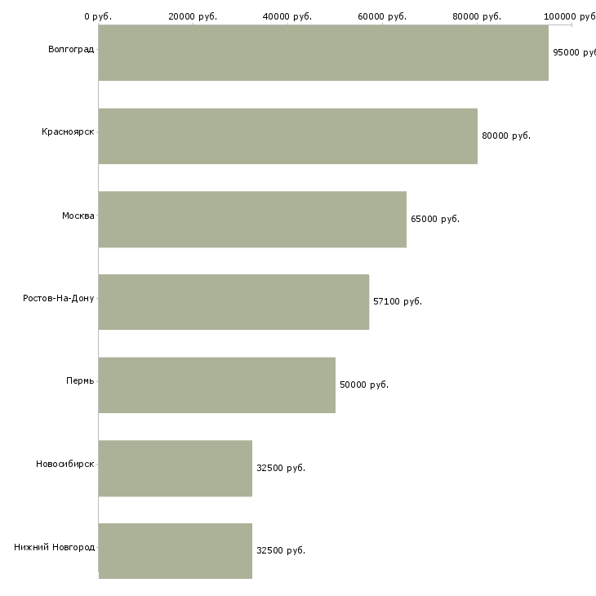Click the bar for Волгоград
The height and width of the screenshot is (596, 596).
[x=323, y=52]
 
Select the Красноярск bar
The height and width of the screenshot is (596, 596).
[x=287, y=136]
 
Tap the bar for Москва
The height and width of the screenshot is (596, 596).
[x=252, y=219]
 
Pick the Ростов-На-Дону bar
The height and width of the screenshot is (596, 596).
[x=234, y=302]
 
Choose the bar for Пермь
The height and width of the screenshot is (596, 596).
[x=216, y=385]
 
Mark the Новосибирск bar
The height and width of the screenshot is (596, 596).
[x=175, y=468]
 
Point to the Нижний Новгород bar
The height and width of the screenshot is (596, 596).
[x=175, y=550]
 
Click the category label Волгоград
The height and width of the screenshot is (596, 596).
[x=71, y=50]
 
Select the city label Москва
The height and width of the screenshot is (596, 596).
[x=78, y=216]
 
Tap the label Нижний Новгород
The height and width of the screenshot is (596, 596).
[x=54, y=547]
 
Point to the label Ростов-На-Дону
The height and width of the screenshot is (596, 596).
[x=59, y=298]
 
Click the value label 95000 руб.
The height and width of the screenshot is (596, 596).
[x=574, y=52]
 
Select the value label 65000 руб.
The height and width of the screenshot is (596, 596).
[x=435, y=219]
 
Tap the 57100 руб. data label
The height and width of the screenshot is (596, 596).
[x=398, y=302]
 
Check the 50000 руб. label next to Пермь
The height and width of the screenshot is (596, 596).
[x=364, y=385]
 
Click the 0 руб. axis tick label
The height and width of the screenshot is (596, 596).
[x=98, y=16]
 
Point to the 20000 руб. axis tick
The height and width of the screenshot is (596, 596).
[x=193, y=16]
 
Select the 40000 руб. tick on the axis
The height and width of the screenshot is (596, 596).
[x=287, y=16]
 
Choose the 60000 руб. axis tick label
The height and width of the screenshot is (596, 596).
[x=382, y=16]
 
